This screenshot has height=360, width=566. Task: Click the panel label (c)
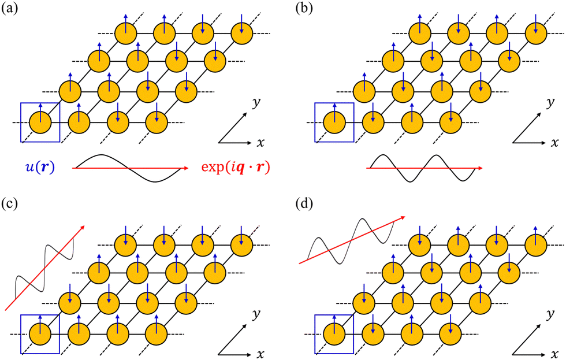(10, 204)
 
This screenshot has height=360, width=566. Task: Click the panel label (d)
(304, 204)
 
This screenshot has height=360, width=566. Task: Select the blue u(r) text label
(40, 168)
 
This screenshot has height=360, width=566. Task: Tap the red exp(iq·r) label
(236, 168)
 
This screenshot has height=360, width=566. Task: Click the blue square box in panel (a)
(40, 123)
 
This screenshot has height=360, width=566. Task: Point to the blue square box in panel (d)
(334, 334)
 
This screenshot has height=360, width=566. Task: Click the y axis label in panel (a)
(256, 103)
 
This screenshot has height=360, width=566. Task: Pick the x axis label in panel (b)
(554, 143)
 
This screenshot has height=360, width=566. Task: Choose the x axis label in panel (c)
(260, 355)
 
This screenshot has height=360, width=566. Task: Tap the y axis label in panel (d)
(550, 314)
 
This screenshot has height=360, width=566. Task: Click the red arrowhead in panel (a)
(185, 168)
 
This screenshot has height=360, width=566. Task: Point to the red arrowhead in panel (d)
(402, 217)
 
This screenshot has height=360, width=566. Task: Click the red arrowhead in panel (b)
(480, 168)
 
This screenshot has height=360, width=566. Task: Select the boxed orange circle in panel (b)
(334, 123)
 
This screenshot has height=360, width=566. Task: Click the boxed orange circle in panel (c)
(40, 335)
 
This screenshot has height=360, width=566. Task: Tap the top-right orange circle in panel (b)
(536, 34)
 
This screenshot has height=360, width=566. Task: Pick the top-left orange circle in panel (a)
(126, 34)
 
